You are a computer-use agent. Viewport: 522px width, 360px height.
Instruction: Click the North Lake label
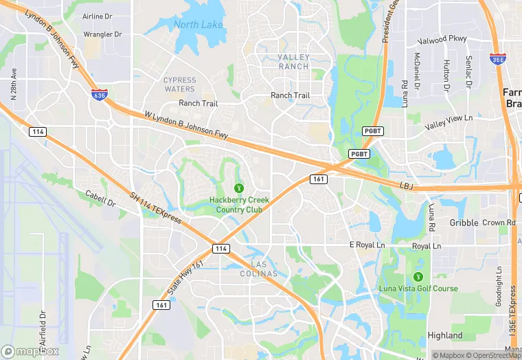coord(198,25)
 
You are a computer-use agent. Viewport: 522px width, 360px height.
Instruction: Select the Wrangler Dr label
coord(102,34)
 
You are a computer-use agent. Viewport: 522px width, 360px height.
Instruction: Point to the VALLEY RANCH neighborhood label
coord(293,62)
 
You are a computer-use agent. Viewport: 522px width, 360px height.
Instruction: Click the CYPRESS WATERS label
coord(179,85)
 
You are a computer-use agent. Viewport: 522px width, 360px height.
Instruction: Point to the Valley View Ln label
coord(449,122)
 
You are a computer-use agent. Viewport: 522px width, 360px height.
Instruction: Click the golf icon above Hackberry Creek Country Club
coord(239,187)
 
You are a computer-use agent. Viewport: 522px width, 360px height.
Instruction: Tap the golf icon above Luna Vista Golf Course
coord(418,276)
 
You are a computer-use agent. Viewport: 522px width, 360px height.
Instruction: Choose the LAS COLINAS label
coord(264,269)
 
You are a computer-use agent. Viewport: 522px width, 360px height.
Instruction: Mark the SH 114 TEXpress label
coord(155,207)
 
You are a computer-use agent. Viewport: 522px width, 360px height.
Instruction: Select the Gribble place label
coord(464,223)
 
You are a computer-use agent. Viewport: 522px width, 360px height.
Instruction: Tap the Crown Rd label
coord(499,223)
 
